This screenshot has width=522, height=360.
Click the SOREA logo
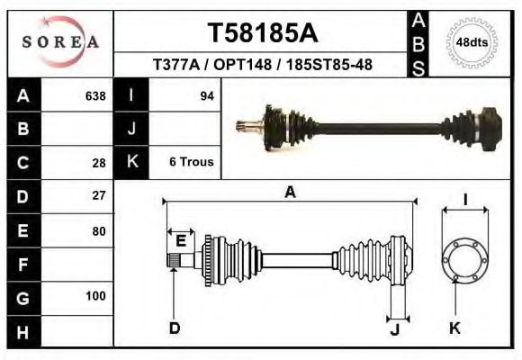[59, 42]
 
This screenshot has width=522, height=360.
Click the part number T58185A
[263, 33]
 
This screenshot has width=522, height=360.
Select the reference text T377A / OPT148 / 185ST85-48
[263, 66]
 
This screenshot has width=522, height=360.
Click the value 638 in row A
[94, 95]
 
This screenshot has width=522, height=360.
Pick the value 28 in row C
[99, 163]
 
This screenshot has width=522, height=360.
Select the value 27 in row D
[99, 195]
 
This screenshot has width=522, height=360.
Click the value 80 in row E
[99, 230]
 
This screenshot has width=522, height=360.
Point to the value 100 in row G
[95, 296]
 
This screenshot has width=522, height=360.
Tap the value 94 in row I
[206, 95]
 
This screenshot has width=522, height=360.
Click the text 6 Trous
[191, 162]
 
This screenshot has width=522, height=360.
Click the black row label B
[23, 129]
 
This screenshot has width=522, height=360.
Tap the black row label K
[132, 162]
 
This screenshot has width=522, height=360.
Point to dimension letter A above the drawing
[290, 192]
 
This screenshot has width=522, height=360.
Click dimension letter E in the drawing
[181, 240]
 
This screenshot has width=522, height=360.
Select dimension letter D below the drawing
[175, 328]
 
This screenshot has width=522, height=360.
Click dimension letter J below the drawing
[394, 328]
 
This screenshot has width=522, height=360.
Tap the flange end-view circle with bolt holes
[463, 260]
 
